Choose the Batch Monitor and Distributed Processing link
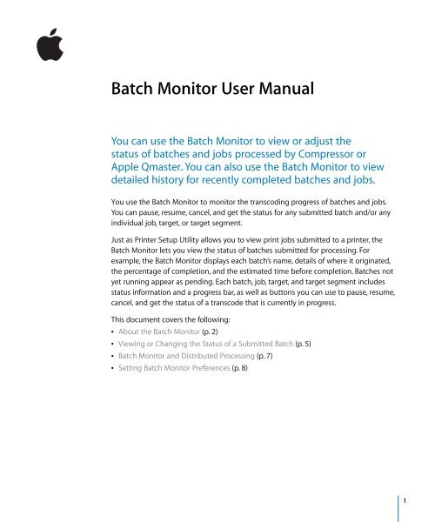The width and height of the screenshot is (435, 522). (x=195, y=389)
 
